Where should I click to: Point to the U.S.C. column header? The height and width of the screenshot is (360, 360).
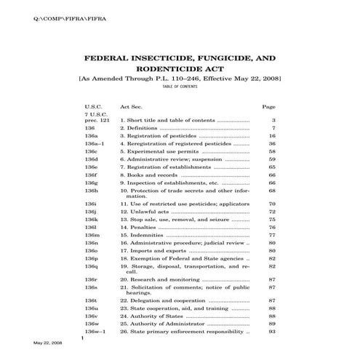point(95,106)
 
